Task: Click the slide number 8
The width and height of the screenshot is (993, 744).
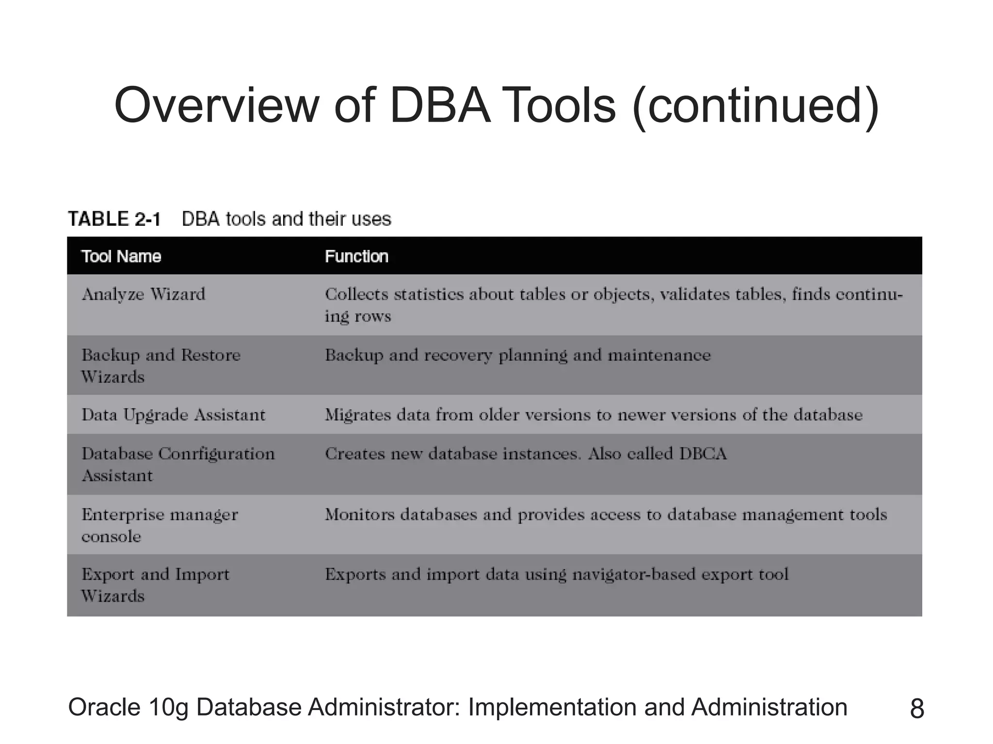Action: tap(917, 709)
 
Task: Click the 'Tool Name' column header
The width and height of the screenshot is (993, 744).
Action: tap(121, 256)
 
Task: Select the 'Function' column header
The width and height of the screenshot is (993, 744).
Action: tap(356, 256)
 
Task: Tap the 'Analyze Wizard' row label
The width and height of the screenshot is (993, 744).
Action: tap(144, 294)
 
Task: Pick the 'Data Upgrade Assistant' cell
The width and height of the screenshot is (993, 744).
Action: tap(174, 415)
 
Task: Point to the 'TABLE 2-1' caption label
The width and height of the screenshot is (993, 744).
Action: tap(114, 219)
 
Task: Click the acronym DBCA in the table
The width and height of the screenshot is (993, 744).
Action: tap(703, 454)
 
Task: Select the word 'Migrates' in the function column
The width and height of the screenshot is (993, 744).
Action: tap(357, 415)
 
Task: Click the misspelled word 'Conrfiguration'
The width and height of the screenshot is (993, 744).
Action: tap(217, 454)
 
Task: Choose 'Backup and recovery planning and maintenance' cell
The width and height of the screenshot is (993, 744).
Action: tap(517, 356)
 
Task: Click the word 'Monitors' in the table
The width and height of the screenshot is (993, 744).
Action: tap(360, 514)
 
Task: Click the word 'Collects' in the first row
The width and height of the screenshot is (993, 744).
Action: tap(356, 294)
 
